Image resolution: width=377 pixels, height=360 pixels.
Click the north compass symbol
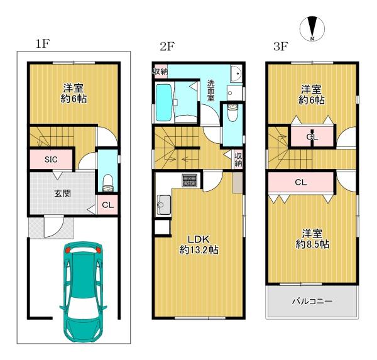pyautogui.click(x=312, y=29)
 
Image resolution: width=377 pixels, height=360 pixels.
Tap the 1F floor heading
pyautogui.click(x=43, y=44)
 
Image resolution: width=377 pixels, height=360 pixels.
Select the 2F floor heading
pyautogui.click(x=167, y=46)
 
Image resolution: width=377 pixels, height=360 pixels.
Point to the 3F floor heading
pyautogui.click(x=281, y=46)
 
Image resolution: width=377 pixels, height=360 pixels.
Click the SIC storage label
pyautogui.click(x=51, y=160)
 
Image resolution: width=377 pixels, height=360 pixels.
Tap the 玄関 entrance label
pyautogui.click(x=62, y=194)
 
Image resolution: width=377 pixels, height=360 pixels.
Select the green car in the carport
pyautogui.click(x=83, y=292)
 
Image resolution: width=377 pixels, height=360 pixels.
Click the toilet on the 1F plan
pyautogui.click(x=107, y=183)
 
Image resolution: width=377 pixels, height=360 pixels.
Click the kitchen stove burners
pyautogui.click(x=190, y=180)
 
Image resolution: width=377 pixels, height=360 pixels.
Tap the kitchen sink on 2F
pyautogui.click(x=164, y=205)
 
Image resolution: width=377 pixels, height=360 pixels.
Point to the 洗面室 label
pyautogui.click(x=211, y=90)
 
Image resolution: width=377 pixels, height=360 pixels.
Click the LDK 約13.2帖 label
pyautogui.click(x=199, y=244)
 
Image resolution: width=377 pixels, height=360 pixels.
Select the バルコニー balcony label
pyautogui.click(x=312, y=301)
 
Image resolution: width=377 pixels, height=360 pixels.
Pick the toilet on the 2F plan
pyautogui.click(x=232, y=113)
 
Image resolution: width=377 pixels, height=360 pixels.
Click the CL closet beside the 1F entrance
pyautogui.click(x=107, y=205)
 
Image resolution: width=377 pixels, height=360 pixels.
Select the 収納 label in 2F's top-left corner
pyautogui.click(x=160, y=71)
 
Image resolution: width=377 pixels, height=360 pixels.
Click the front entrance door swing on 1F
pyautogui.click(x=53, y=226)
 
